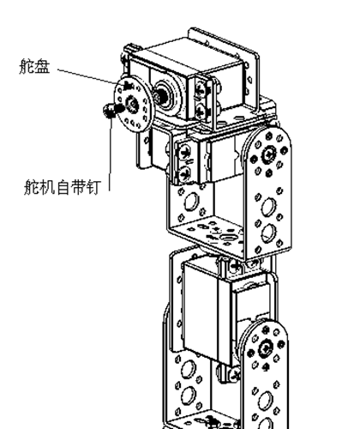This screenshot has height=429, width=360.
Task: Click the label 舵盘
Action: (x=35, y=67)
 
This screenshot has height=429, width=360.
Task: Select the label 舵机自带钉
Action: (x=63, y=187)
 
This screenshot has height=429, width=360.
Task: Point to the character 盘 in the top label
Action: (x=43, y=67)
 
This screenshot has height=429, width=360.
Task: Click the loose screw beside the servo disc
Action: (x=112, y=110)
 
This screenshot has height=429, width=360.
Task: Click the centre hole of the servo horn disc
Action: (x=132, y=105)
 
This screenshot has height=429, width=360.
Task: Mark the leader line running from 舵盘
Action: (x=87, y=76)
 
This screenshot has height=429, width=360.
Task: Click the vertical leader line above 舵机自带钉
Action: (x=110, y=153)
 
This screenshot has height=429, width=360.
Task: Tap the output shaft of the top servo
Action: (x=159, y=96)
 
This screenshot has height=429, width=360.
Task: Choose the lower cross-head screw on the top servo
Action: (x=201, y=111)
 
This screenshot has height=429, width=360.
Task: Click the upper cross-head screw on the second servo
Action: (x=185, y=152)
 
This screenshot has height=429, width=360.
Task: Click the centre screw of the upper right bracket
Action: (x=268, y=154)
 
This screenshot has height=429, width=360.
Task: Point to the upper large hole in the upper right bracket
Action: (x=268, y=206)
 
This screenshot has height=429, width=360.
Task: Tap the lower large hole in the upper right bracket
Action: (x=268, y=233)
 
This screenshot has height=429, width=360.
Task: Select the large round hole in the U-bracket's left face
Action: (x=191, y=201)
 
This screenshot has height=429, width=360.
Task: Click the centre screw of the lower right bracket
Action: (x=266, y=347)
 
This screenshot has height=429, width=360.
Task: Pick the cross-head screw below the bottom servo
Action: (x=235, y=373)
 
